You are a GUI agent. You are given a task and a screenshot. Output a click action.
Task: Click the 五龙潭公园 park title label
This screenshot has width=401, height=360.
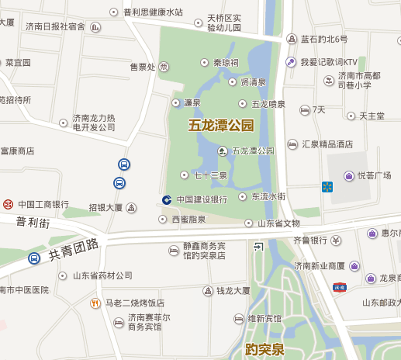coord(221,124)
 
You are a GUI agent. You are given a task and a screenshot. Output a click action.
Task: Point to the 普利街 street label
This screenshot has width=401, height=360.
coord(33,223)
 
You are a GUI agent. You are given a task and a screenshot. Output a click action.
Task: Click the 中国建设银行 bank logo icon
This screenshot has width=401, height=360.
coord(167,199)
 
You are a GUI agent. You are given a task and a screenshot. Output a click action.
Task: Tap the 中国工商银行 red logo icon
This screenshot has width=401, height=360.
coord(8,205)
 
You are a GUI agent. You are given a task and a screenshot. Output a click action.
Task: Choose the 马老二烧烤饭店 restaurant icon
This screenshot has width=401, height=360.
coord(95,303)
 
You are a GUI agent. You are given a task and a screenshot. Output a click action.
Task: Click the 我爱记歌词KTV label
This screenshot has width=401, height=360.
coord(329,62)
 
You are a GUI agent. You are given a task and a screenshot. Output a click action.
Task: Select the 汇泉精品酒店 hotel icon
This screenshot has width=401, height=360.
coord(292,144)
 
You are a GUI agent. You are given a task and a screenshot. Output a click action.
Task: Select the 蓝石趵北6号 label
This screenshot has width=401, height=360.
coord(324,39)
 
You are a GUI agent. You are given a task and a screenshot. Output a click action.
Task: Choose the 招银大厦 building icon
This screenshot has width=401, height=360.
coord(131,208)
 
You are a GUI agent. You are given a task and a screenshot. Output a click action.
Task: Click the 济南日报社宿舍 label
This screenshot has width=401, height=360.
coord(55,26)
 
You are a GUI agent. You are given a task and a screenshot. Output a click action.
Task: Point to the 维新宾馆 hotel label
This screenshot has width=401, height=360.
coord(264,318)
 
